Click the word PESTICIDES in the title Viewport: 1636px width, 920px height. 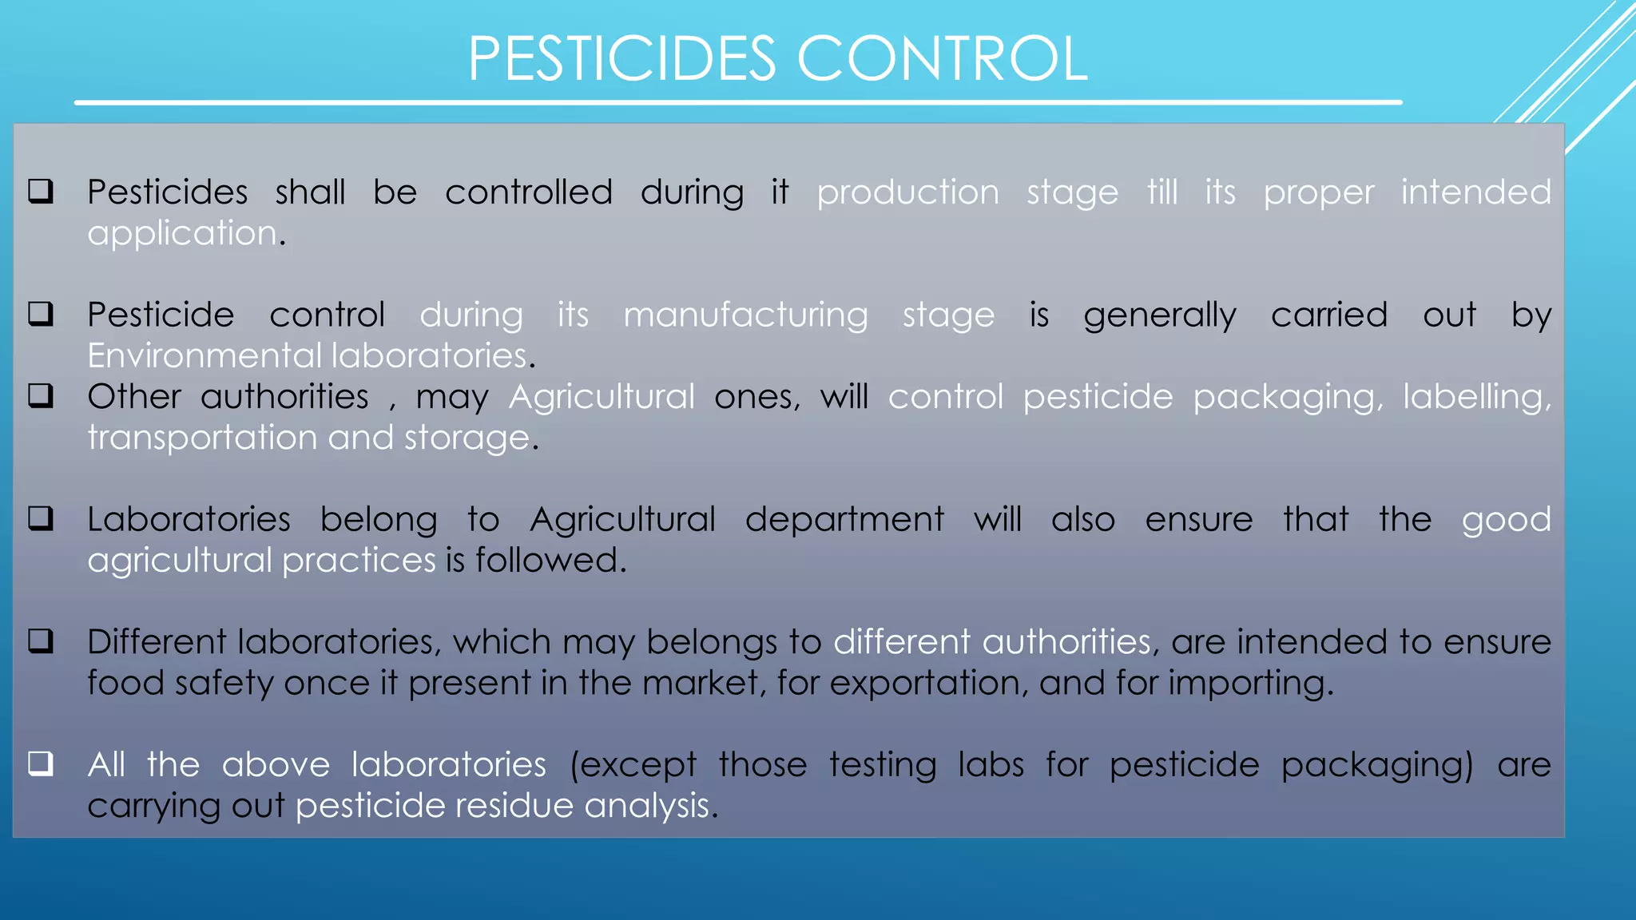coord(621,59)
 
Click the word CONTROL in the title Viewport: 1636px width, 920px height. coord(942,59)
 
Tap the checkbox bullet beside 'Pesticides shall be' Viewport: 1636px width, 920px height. coord(41,192)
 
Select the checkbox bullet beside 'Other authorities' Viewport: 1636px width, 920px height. coord(41,396)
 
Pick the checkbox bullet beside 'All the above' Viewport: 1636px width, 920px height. coord(41,764)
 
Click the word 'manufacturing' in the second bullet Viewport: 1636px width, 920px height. coord(745,315)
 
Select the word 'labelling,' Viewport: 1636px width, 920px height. coord(1476,397)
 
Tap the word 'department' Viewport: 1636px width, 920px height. coord(844,520)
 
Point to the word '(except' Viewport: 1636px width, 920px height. coord(633,765)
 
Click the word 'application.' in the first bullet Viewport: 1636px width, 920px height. coord(186,234)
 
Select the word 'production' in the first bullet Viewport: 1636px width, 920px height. coord(907,192)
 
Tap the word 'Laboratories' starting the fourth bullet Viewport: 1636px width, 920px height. coord(189,519)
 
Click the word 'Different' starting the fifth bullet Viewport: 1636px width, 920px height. coord(157,642)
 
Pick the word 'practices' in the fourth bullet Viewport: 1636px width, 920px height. coord(359,561)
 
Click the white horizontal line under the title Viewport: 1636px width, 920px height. coord(738,102)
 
